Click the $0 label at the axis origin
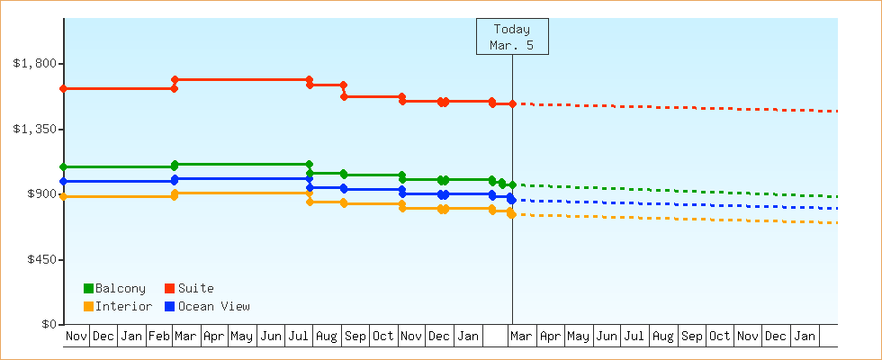point(49,324)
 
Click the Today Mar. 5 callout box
point(512,37)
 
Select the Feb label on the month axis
point(159,336)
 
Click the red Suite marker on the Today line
point(512,103)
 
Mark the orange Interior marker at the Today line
point(511,213)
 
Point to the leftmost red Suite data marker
point(63,88)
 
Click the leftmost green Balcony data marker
point(63,166)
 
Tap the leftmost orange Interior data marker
point(63,196)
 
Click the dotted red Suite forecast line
point(675,107)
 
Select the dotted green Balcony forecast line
point(675,191)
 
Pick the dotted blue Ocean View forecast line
point(675,204)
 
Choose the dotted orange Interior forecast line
point(675,219)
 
